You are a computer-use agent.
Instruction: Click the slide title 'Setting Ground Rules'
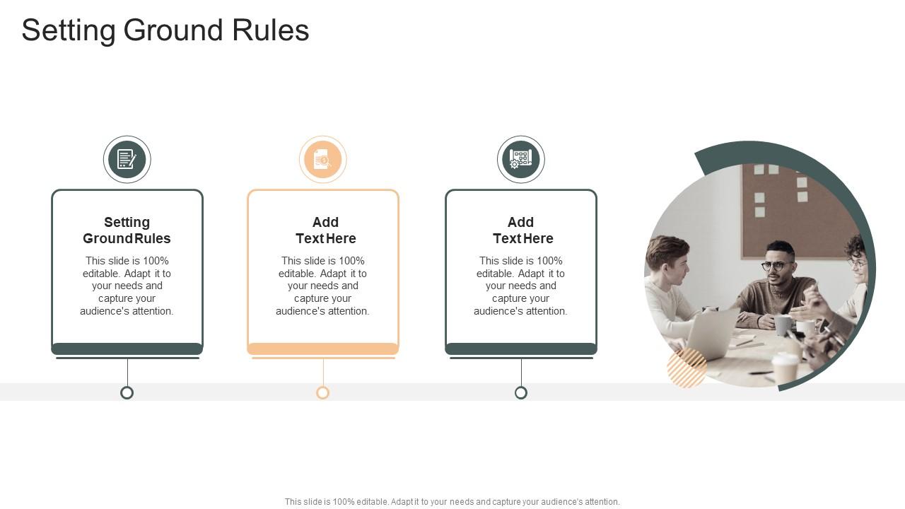(x=165, y=31)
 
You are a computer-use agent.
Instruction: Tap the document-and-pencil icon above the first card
(x=127, y=159)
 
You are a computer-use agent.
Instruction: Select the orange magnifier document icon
(x=323, y=160)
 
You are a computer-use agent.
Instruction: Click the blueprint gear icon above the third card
(x=521, y=159)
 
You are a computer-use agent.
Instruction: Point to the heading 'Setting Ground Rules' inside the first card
(x=127, y=230)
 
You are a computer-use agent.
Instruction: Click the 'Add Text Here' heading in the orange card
(x=325, y=230)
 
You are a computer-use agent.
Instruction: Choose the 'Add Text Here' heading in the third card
(x=522, y=230)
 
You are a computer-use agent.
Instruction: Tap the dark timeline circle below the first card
(x=127, y=392)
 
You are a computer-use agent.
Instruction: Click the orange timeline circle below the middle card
(x=323, y=392)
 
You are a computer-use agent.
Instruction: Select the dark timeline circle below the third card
(x=521, y=392)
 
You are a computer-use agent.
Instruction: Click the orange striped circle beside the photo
(x=687, y=368)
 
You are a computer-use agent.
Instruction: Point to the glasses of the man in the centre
(x=776, y=266)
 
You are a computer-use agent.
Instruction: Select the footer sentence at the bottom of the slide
(x=452, y=502)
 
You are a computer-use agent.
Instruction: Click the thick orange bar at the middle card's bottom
(x=323, y=349)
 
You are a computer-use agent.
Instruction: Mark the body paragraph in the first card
(x=127, y=286)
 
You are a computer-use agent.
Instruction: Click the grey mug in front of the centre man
(x=783, y=325)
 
